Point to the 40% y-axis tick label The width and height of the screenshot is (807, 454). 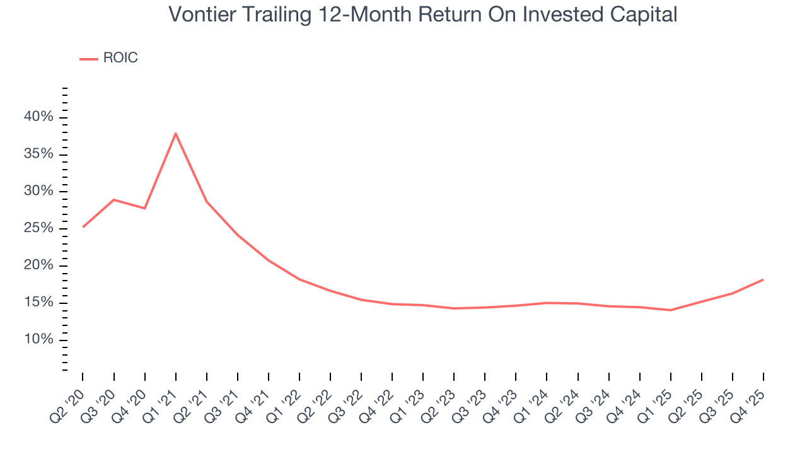click(38, 117)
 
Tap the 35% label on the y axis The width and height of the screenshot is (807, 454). click(38, 154)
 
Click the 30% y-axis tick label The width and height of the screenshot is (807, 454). click(38, 191)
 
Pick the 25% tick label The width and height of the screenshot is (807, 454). click(38, 228)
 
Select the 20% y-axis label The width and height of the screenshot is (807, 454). click(38, 265)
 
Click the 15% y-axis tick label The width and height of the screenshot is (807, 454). click(38, 303)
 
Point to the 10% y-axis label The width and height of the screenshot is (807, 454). click(38, 340)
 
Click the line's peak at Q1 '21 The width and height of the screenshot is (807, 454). click(175, 133)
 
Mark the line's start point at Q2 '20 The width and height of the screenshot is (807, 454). click(83, 227)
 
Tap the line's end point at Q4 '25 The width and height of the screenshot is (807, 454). click(763, 279)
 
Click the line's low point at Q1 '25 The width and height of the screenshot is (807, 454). click(670, 310)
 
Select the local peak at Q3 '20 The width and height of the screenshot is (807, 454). click(113, 200)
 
